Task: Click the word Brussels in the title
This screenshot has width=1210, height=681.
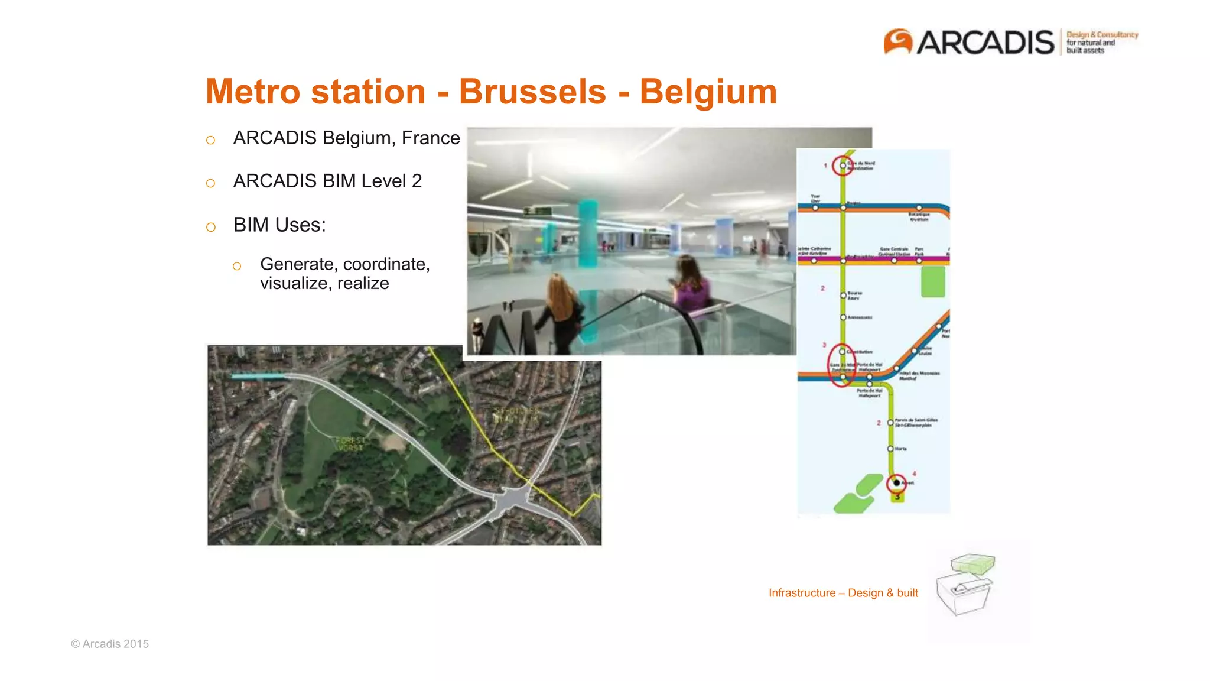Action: coord(532,92)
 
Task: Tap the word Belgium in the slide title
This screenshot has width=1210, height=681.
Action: coord(708,92)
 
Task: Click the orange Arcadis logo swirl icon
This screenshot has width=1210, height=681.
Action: coord(897,42)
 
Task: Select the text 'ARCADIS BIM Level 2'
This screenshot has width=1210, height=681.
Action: coord(327,181)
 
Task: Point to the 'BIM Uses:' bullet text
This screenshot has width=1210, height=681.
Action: coord(279,225)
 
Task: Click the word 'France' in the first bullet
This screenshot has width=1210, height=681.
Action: coord(431,138)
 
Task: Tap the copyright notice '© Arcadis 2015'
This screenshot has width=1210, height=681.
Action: coord(110,644)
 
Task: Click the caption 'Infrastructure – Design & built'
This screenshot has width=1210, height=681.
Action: coord(843,593)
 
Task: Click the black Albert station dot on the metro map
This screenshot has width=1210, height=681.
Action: coord(897,483)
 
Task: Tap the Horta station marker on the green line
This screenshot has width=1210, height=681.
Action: coord(890,449)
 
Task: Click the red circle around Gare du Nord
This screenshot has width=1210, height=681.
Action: coord(842,166)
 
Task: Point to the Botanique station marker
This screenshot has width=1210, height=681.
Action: coord(919,208)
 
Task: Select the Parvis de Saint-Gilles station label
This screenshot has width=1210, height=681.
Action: coord(916,423)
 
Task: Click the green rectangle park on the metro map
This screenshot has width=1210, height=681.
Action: coord(933,281)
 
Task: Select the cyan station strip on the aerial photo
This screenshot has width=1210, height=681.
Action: coord(258,376)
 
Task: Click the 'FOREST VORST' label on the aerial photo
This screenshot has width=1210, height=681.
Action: coord(350,445)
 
